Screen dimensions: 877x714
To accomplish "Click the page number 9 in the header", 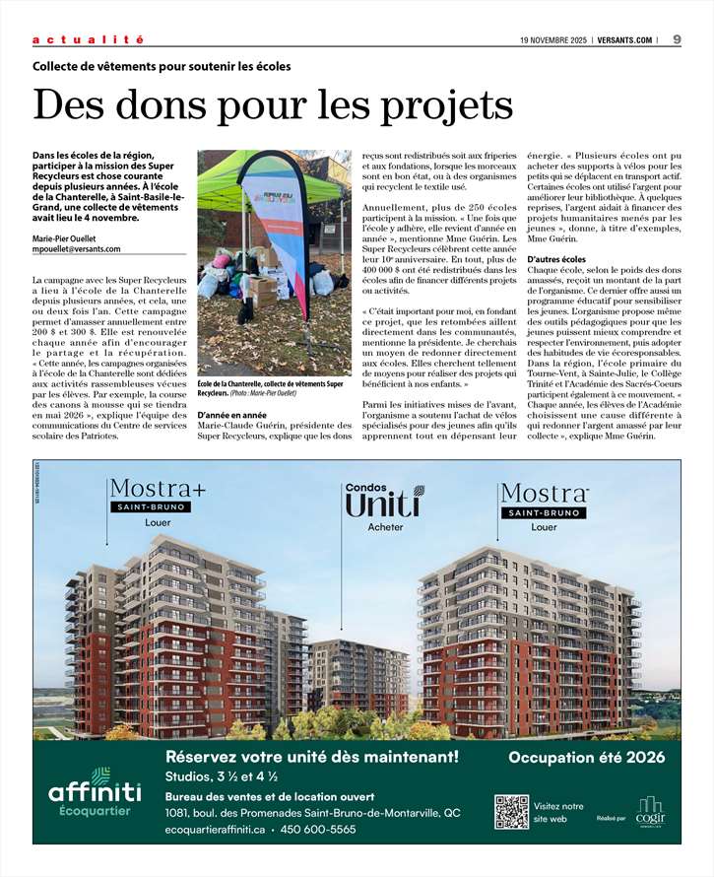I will point(678,39).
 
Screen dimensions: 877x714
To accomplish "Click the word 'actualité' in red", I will point(88,39).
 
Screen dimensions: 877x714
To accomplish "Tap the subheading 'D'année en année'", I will point(232,416).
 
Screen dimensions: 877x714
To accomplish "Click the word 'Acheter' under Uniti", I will point(385,528).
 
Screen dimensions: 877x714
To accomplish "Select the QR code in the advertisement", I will point(511,811).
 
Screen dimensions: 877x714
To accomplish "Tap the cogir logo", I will point(650,810).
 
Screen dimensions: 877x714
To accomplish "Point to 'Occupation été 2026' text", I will point(587,758).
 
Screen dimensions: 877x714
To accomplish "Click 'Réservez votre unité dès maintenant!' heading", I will point(312,758).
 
